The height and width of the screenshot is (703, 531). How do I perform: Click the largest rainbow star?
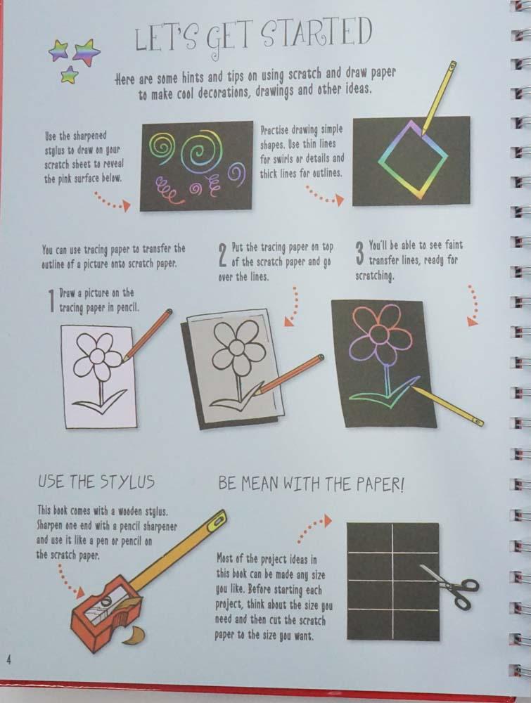(x=87, y=53)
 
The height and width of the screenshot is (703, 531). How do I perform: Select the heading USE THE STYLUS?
(x=96, y=482)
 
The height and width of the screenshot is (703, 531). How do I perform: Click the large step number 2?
(x=223, y=254)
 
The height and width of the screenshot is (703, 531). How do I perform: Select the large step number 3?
(x=359, y=253)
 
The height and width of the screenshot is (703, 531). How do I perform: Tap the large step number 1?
(x=53, y=300)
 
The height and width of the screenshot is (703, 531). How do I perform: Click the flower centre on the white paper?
(x=97, y=356)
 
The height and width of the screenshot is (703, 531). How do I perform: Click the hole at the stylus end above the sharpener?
(x=219, y=520)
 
